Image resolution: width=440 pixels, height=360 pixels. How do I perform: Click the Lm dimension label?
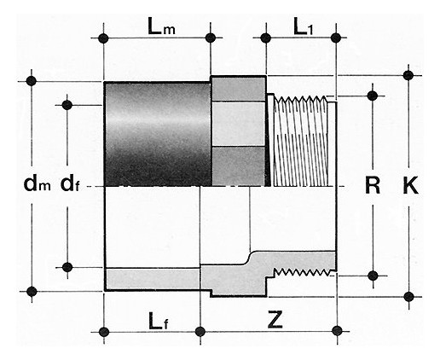pos(161,26)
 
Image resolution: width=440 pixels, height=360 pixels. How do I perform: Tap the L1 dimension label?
pos(303,26)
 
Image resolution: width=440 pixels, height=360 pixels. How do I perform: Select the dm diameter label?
pos(37,184)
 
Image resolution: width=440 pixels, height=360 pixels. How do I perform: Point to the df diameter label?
pos(70,184)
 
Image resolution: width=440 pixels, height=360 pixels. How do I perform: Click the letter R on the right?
pos(373,185)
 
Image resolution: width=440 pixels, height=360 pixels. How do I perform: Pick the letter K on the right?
pos(411,185)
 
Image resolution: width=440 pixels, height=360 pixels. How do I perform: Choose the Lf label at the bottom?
pos(159,322)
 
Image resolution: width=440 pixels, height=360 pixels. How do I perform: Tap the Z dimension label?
pos(275,319)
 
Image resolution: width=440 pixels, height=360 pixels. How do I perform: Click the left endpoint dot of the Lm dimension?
pos(103,38)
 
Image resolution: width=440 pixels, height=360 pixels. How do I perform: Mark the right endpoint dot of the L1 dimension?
pos(336,38)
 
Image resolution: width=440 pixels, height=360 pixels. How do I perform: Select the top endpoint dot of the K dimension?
pos(408,75)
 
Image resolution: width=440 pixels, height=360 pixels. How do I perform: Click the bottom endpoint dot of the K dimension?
pos(408,297)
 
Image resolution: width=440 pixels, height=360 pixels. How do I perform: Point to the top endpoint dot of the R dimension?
pos(373,96)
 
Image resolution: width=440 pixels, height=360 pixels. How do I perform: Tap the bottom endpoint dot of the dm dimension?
pos(32,292)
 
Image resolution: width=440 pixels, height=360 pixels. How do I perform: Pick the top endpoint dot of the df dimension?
pos(67,105)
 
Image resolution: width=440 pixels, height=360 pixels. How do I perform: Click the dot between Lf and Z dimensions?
pos(200,332)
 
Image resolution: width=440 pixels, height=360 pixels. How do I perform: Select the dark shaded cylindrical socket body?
pos(158,134)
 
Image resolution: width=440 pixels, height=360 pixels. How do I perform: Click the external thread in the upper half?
pos(300,142)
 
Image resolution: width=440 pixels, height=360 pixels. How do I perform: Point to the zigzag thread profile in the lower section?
pos(301,272)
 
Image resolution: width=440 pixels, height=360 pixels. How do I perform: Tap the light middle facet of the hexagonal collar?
pos(239,124)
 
